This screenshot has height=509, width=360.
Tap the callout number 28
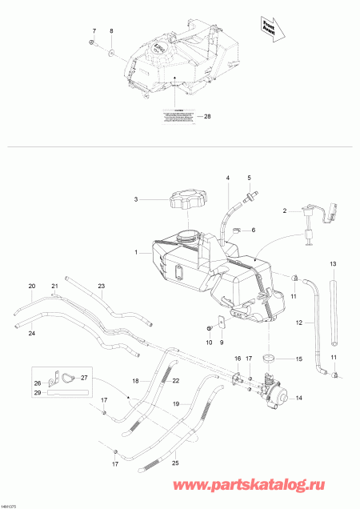208,117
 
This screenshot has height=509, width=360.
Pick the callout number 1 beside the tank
137,252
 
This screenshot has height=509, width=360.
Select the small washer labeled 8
111,53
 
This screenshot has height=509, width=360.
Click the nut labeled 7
93,41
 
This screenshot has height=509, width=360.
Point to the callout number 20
32,286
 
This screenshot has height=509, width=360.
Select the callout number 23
102,286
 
